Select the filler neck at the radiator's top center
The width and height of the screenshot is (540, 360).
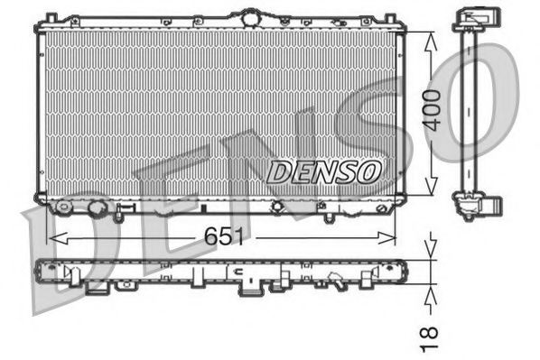click(x=247, y=15)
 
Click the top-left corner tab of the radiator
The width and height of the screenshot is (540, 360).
click(x=51, y=18)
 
